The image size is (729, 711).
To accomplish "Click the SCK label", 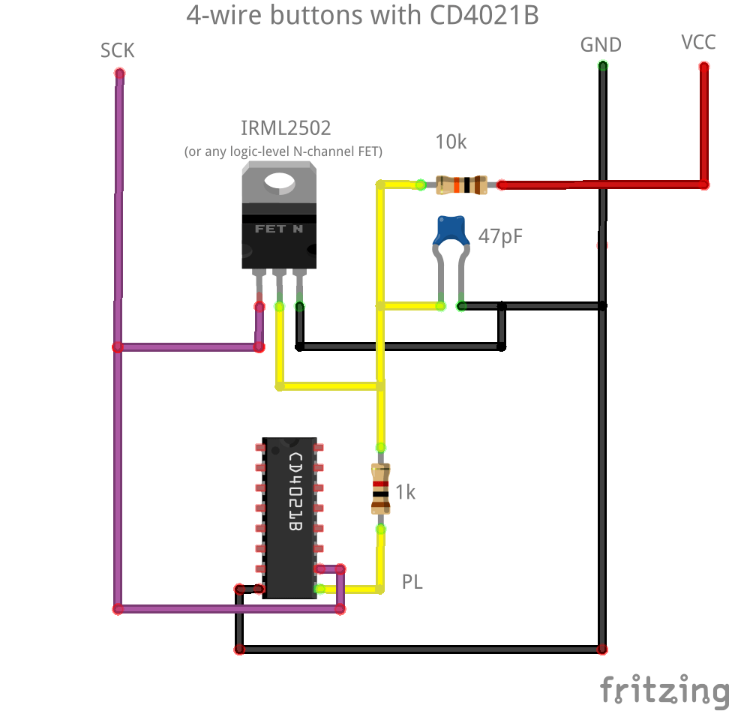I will pyautogui.click(x=118, y=51).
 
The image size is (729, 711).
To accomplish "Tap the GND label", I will pyautogui.click(x=601, y=45).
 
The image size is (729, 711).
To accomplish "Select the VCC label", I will pyautogui.click(x=698, y=42).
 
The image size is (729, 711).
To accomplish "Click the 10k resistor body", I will pyautogui.click(x=461, y=184).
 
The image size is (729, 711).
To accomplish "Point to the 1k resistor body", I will pyautogui.click(x=380, y=488).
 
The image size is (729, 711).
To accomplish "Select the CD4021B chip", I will pyautogui.click(x=289, y=517).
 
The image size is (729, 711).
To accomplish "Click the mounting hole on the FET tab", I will pyautogui.click(x=279, y=180).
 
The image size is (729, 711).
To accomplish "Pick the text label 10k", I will pyautogui.click(x=451, y=142).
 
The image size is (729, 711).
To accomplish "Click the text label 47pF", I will pyautogui.click(x=501, y=237).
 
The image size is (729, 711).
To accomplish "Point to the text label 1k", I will pyautogui.click(x=405, y=493).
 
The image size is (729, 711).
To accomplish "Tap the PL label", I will pyautogui.click(x=412, y=581).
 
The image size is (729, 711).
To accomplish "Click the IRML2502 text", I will pyautogui.click(x=285, y=128).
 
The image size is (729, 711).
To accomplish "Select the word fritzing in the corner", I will pyautogui.click(x=663, y=688).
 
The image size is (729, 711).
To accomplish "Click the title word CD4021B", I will pyautogui.click(x=484, y=16).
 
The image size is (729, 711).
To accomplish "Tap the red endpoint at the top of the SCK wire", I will pyautogui.click(x=118, y=73).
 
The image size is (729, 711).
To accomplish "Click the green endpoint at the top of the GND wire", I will pyautogui.click(x=602, y=66).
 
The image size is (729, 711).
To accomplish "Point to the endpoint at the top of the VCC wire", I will pyautogui.click(x=703, y=67).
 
